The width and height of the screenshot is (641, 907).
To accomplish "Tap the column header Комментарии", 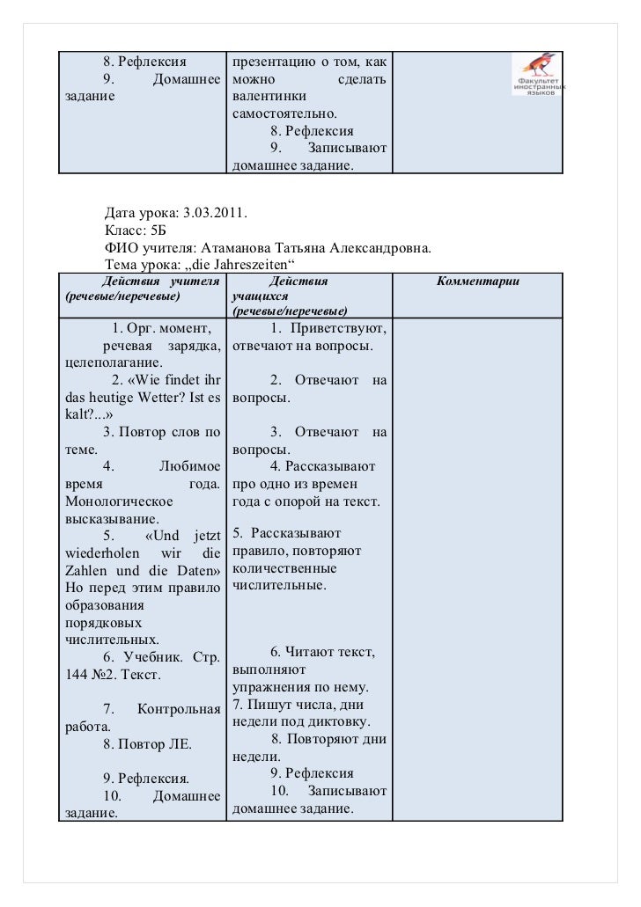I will pos(477,282).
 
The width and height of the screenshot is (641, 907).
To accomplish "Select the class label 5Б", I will pos(158,230).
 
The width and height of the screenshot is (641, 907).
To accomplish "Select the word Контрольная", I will pos(179,709).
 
